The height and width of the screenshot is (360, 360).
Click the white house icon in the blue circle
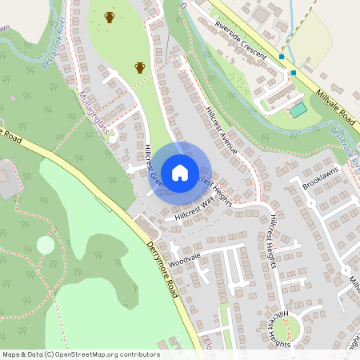coord(180,172)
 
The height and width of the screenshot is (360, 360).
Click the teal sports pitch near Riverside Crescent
coord(298,110)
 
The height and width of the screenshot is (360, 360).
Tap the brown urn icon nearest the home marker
coord(140,67)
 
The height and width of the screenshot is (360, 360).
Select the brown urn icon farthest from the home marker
coord(110,17)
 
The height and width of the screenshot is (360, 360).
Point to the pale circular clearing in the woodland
coord(46,244)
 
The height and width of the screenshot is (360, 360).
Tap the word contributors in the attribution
coord(138,354)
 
